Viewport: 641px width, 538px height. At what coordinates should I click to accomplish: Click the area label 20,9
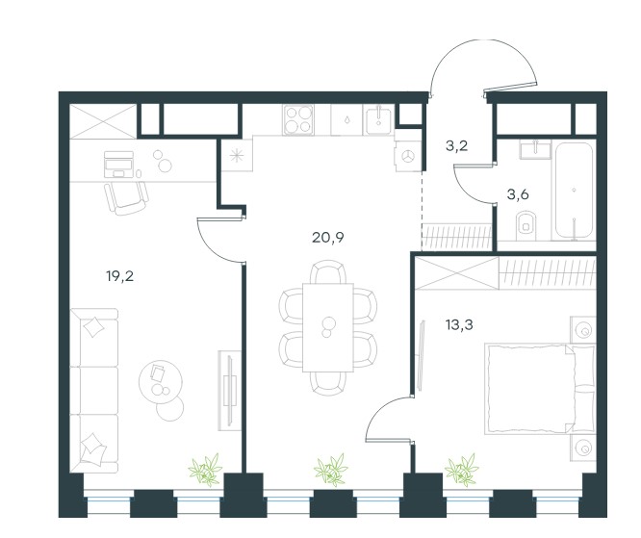point(328,238)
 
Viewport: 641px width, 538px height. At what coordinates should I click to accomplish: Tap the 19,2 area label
point(119,277)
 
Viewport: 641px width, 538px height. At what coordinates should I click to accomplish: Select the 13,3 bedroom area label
point(459,325)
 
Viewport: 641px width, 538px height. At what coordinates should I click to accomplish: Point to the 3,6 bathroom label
point(518,195)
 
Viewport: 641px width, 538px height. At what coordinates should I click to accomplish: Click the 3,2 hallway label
point(456,145)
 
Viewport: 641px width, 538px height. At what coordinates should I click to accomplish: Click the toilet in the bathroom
point(526,225)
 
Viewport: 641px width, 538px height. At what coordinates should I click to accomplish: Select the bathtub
point(574,191)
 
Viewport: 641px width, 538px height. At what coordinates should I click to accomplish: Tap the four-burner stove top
point(298,119)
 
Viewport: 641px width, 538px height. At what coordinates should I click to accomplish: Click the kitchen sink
point(378,119)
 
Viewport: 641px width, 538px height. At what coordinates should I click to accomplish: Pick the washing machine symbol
point(407,156)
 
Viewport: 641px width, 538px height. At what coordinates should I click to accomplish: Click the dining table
point(328,327)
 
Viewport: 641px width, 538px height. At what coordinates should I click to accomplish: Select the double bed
point(540,389)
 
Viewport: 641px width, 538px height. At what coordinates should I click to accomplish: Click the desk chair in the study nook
point(126,198)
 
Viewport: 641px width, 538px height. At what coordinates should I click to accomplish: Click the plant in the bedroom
point(462,470)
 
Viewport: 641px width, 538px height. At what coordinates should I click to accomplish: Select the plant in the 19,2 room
point(206,470)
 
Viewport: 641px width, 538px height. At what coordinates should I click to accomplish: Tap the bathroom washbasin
point(535,149)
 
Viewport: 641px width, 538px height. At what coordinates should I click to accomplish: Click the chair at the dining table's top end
point(328,271)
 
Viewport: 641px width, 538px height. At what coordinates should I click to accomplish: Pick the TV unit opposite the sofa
point(229,391)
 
